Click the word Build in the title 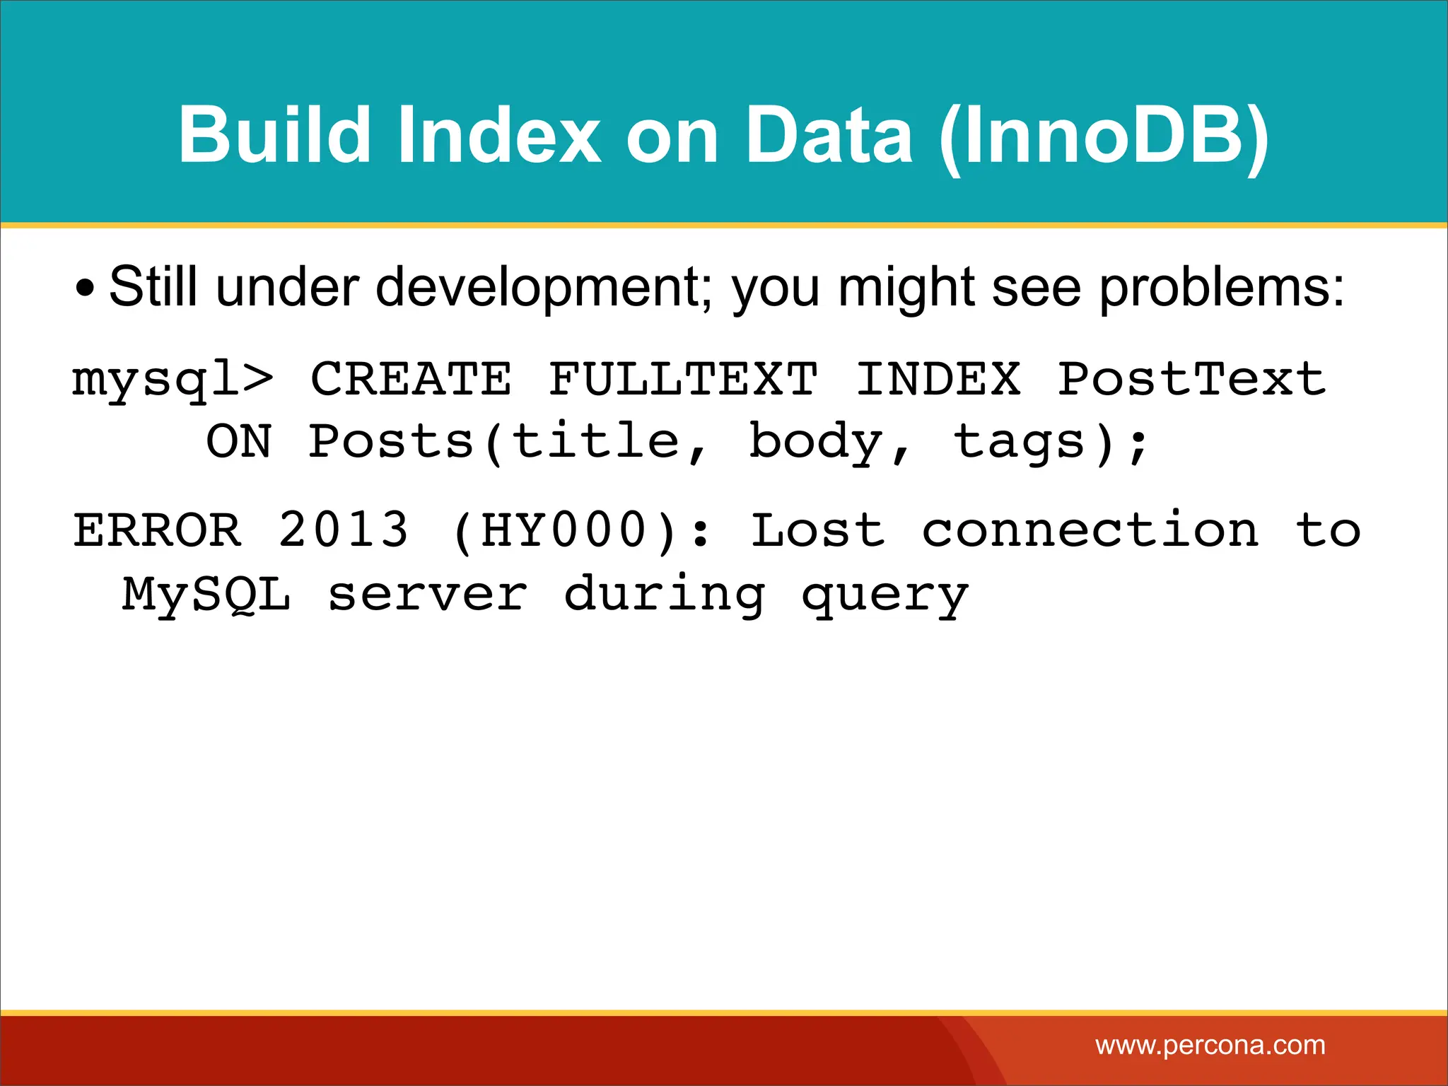274,134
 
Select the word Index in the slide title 498,134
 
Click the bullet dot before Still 85,289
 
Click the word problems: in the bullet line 1221,289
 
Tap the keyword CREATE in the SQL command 411,380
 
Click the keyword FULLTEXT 683,380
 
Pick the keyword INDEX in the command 938,380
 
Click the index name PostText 1192,380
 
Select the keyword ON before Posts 239,443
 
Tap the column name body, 830,443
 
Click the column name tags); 1051,443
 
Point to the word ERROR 158,530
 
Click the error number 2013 344,530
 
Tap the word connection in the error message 1090,530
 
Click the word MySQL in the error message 206,594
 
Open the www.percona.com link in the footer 1210,1045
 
